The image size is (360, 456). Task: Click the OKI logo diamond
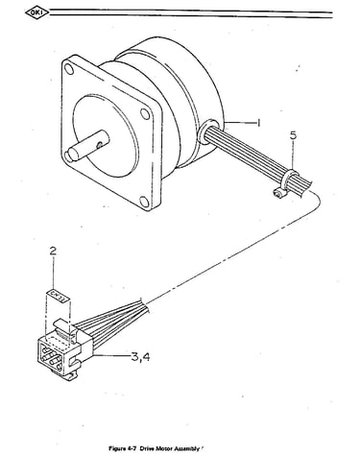pyautogui.click(x=37, y=12)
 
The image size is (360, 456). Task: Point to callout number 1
pyautogui.click(x=258, y=123)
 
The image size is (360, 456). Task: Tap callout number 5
pyautogui.click(x=293, y=135)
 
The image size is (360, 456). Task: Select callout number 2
pyautogui.click(x=53, y=251)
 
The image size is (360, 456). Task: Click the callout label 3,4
pyautogui.click(x=140, y=356)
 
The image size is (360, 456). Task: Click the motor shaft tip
pyautogui.click(x=68, y=156)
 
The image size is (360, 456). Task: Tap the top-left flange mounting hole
pyautogui.click(x=68, y=68)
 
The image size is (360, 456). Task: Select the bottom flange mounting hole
pyautogui.click(x=144, y=202)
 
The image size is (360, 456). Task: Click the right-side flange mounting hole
pyautogui.click(x=145, y=113)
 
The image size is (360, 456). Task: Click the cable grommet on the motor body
pyautogui.click(x=208, y=132)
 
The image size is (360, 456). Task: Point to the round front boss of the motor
pyautogui.click(x=106, y=135)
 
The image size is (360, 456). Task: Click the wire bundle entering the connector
pyautogui.click(x=112, y=324)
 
